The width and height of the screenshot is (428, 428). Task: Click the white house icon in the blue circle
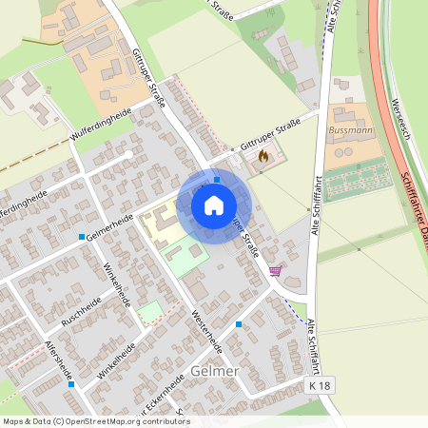(x=214, y=204)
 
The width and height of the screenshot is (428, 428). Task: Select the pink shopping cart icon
(x=275, y=271)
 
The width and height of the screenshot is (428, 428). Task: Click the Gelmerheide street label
(x=108, y=228)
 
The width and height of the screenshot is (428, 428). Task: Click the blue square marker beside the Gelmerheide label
(x=83, y=236)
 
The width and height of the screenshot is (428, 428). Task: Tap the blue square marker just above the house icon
(x=217, y=178)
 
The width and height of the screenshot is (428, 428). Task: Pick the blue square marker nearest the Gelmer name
(x=238, y=324)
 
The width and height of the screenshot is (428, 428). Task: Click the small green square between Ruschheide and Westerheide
(x=149, y=311)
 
